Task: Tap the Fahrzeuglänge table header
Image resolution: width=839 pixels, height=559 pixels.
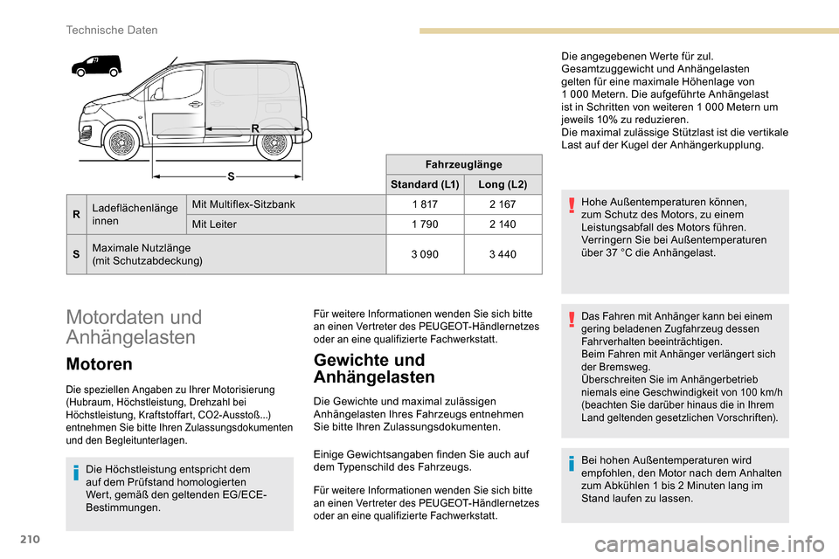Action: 462,163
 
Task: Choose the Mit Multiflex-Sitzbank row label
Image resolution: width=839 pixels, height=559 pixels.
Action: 243,205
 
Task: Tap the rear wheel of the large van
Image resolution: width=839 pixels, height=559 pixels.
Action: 274,143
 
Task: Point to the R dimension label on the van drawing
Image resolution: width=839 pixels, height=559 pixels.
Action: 255,128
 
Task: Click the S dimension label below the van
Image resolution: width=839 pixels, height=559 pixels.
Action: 231,176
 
